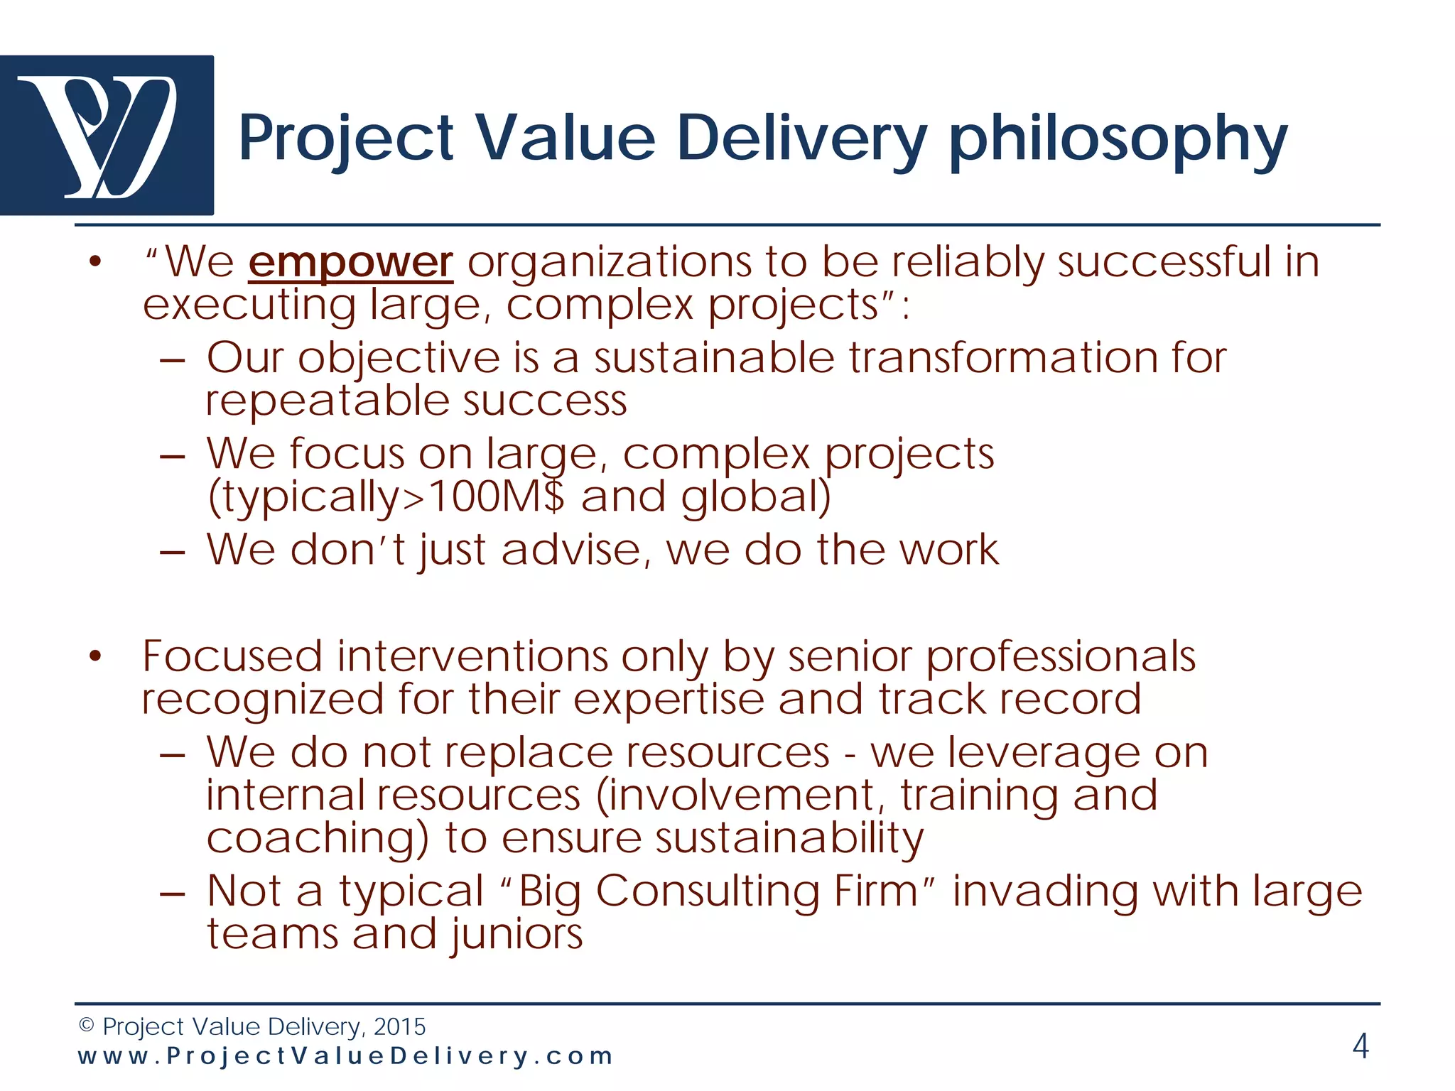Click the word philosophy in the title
click(x=1118, y=140)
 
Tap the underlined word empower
click(x=350, y=263)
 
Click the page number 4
click(x=1360, y=1046)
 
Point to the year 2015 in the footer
click(x=399, y=1026)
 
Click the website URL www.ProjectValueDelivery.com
click(x=345, y=1056)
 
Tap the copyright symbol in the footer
click(x=86, y=1026)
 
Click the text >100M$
click(x=483, y=496)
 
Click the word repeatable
click(x=327, y=401)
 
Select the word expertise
click(x=669, y=700)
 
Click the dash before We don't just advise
click(x=173, y=552)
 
